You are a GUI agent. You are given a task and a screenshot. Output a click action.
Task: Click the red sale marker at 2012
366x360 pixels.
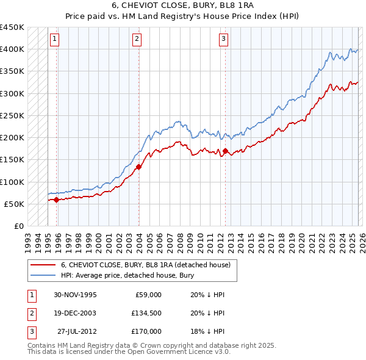tap(225, 151)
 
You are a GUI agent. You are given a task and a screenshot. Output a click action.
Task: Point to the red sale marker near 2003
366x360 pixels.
tap(139, 167)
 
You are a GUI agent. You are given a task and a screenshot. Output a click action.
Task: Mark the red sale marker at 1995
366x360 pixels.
tap(57, 200)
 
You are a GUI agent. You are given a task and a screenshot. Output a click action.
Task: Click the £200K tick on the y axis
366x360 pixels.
tap(12, 137)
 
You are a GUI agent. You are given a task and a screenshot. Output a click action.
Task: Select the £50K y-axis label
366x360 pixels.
tap(15, 204)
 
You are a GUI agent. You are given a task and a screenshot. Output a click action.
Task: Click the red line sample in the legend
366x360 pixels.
tap(43, 265)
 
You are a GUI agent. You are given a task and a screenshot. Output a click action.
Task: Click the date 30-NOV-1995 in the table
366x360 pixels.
tap(75, 295)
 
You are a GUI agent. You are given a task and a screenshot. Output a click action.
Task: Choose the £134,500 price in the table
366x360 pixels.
tap(146, 313)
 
